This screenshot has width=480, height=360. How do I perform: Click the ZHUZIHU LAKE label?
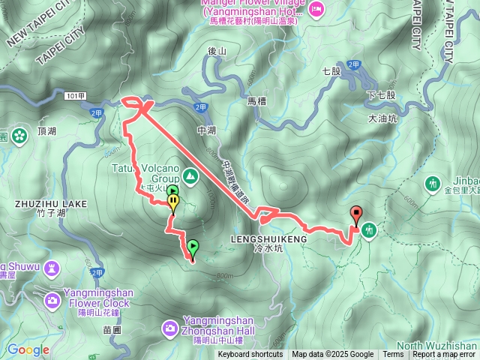[x=50, y=204]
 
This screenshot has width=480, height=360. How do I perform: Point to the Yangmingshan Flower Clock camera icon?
[x=52, y=300]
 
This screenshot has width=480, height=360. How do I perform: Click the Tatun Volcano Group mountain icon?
[x=191, y=175]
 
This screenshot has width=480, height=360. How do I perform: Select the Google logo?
[x=28, y=349]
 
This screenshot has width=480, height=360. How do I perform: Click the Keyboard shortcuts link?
[x=250, y=355]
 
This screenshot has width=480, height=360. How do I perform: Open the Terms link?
[x=393, y=355]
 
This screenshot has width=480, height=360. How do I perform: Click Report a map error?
[x=445, y=355]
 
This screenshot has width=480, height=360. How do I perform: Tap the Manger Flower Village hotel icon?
[x=316, y=9]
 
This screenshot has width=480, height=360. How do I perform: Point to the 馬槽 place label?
[x=257, y=100]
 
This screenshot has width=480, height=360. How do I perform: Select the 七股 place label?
[x=331, y=71]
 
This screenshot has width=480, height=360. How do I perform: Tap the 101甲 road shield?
[x=73, y=96]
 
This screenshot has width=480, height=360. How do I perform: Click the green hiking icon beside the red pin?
[x=370, y=230]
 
